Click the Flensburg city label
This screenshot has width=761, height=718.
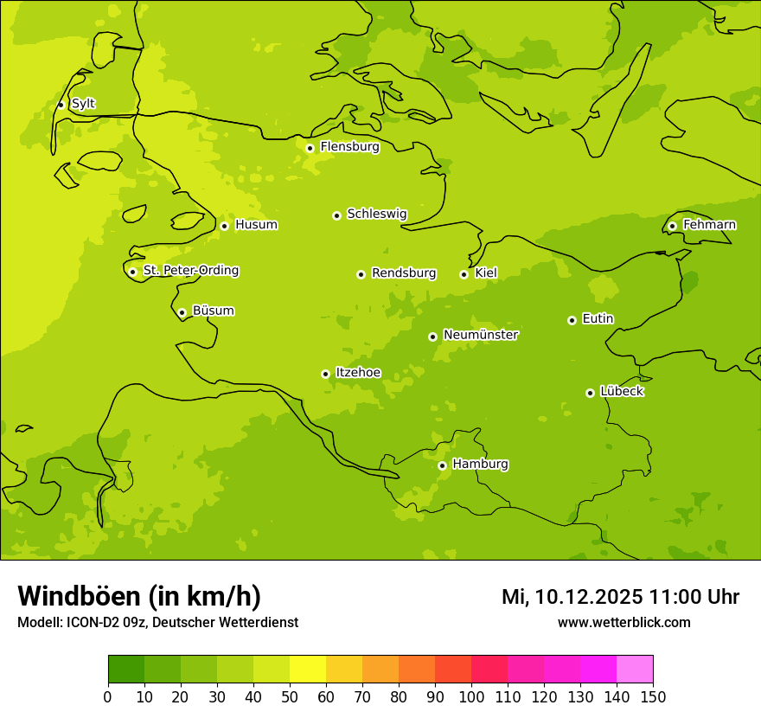pyautogui.click(x=349, y=147)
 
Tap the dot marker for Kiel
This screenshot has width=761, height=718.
pyautogui.click(x=464, y=274)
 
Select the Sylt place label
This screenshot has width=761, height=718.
pyautogui.click(x=83, y=104)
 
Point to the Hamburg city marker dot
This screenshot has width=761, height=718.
pyautogui.click(x=442, y=465)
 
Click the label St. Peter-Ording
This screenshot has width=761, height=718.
pyautogui.click(x=190, y=271)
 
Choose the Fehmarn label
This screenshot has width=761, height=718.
pyautogui.click(x=709, y=225)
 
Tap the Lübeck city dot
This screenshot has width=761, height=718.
pyautogui.click(x=590, y=393)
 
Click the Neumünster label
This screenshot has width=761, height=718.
pyautogui.click(x=481, y=335)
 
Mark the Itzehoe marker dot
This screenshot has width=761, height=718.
pyautogui.click(x=325, y=374)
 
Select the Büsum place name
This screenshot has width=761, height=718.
pyautogui.click(x=213, y=311)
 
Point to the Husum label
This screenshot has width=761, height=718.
pyautogui.click(x=256, y=225)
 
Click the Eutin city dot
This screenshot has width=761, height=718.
pyautogui.click(x=572, y=320)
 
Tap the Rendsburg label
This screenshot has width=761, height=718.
pyautogui.click(x=404, y=273)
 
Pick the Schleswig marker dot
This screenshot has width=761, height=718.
pyautogui.click(x=336, y=215)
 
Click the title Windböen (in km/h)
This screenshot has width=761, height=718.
pyautogui.click(x=139, y=596)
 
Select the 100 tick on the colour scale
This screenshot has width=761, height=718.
pyautogui.click(x=471, y=696)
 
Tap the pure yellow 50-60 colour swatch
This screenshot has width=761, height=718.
pyautogui.click(x=308, y=670)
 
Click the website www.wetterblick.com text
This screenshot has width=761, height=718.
pyautogui.click(x=624, y=622)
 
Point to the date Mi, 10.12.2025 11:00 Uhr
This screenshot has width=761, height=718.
pyautogui.click(x=620, y=597)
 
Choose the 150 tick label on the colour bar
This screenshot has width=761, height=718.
pyautogui.click(x=653, y=696)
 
